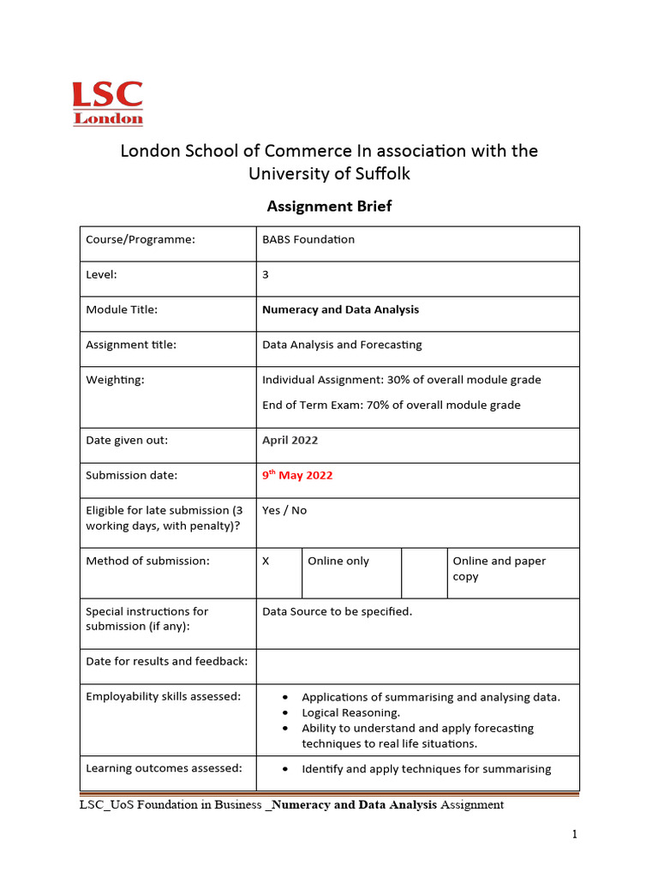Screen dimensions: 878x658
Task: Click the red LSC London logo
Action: [x=107, y=103]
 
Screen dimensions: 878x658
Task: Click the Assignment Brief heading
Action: [x=329, y=206]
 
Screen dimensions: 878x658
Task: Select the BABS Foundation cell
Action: [x=308, y=240]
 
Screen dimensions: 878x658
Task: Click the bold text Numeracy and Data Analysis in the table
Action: [x=340, y=310]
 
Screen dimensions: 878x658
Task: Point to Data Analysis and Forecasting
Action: [x=342, y=346]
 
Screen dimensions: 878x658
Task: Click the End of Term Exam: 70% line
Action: [x=391, y=406]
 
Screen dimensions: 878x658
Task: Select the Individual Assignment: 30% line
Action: [x=401, y=380]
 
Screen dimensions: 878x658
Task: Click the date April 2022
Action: [x=290, y=441]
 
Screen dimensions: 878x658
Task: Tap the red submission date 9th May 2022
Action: [x=297, y=476]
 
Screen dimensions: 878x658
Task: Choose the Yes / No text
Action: [x=284, y=511]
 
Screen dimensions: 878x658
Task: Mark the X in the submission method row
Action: [x=266, y=562]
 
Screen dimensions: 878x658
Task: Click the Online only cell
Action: [x=338, y=562]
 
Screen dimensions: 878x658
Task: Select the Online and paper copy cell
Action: [x=499, y=568]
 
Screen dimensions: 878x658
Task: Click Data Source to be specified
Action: [x=337, y=612]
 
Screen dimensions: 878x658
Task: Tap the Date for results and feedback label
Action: [x=166, y=662]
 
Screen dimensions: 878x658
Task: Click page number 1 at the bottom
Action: [x=576, y=834]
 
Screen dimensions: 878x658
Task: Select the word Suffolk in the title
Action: [x=380, y=174]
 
